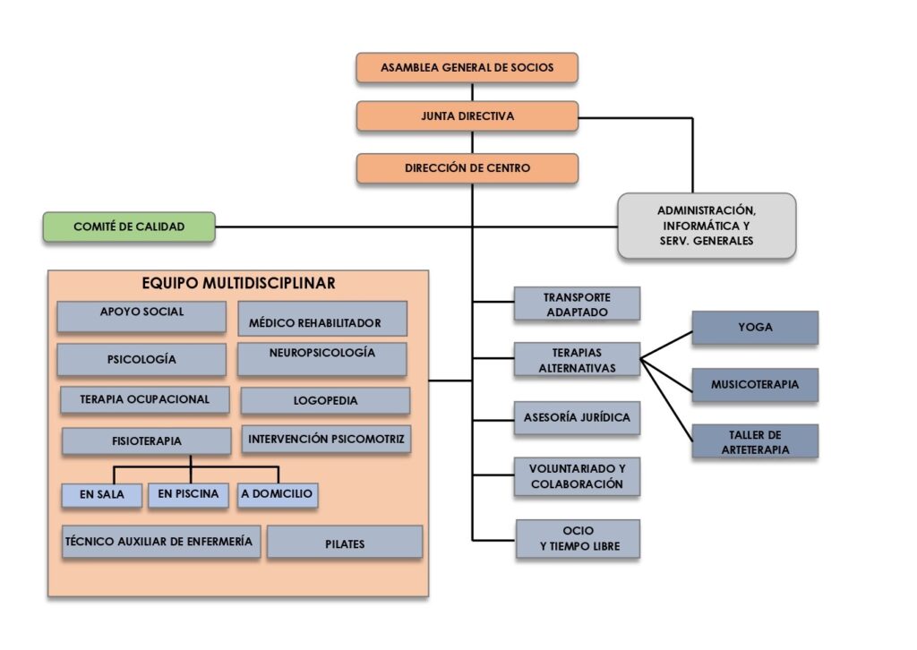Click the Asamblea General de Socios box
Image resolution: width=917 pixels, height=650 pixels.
point(467,67)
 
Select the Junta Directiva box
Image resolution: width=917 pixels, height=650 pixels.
point(467,115)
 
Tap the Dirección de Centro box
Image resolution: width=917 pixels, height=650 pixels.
point(467,168)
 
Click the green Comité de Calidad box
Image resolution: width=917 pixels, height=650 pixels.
point(129,227)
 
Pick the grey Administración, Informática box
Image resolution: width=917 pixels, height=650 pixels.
point(707,227)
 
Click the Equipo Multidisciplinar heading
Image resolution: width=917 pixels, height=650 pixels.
point(238,284)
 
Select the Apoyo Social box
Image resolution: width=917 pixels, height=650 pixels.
point(141,316)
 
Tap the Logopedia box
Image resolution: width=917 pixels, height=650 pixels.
point(325,400)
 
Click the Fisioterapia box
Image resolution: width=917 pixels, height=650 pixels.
point(147,440)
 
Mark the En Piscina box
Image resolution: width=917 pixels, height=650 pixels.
point(188,495)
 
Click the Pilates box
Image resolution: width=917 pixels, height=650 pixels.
point(345,543)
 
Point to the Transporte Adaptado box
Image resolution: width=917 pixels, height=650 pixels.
point(577,304)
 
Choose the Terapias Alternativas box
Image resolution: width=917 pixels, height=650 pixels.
point(577,359)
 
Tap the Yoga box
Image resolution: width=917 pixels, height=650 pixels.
point(755,328)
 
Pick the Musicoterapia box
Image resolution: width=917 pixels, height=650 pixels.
point(755,385)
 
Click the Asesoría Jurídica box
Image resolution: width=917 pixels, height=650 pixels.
point(577,418)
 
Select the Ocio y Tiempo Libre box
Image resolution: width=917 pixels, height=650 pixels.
point(578,539)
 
